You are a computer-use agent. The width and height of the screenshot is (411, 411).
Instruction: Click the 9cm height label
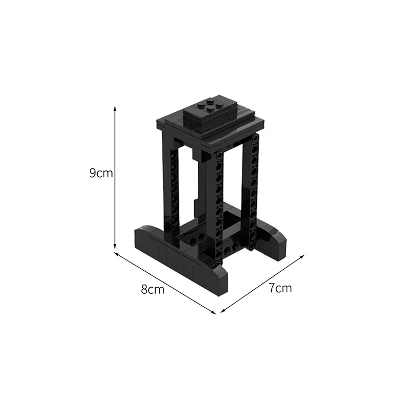coord(101,173)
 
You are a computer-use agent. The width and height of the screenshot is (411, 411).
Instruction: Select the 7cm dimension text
coord(280,288)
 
